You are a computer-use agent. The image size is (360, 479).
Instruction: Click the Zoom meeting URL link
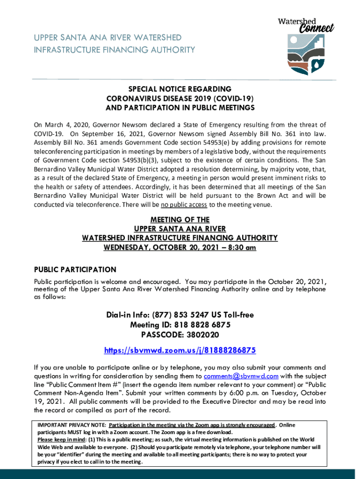[180, 350]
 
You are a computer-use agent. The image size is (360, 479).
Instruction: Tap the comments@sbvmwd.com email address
[241, 376]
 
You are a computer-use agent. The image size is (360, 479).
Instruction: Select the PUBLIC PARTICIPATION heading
[75, 270]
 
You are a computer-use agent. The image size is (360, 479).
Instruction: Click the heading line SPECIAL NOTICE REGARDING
[180, 89]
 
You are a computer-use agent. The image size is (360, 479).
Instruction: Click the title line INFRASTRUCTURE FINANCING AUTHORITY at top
[114, 50]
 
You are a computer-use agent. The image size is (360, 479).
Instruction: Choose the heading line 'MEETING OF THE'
[180, 219]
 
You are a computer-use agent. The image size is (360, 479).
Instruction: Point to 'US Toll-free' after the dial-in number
[230, 315]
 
